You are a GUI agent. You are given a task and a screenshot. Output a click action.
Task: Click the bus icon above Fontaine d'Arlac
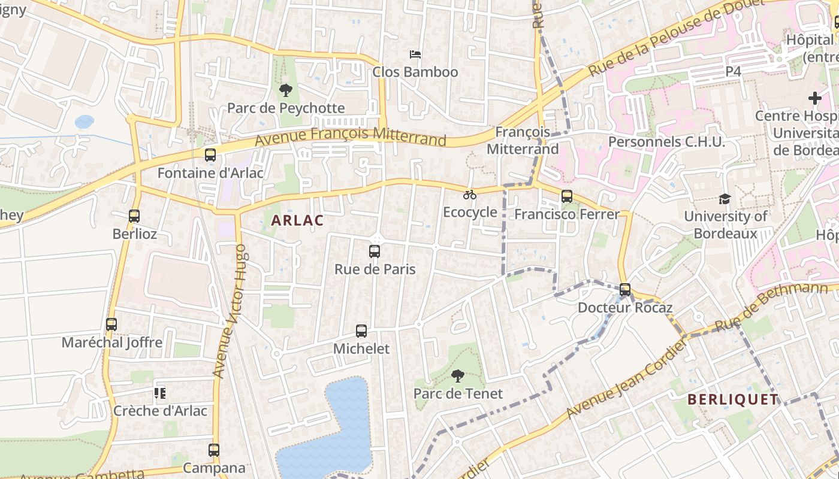[x=210, y=155]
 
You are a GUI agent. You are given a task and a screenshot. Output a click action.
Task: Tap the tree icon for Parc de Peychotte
[x=286, y=90]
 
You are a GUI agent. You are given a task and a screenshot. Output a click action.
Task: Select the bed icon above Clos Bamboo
[x=415, y=54]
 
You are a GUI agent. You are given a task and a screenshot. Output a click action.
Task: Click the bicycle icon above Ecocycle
[x=470, y=195]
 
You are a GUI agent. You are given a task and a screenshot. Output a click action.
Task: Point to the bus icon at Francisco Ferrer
[x=566, y=196]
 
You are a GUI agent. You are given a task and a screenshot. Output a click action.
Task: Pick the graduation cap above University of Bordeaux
[x=725, y=199]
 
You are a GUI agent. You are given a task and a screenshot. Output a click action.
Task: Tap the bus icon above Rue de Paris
[x=375, y=251]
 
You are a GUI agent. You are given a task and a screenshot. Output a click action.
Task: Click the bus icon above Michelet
[x=361, y=331]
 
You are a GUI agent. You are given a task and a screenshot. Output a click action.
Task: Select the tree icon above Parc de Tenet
[x=458, y=376]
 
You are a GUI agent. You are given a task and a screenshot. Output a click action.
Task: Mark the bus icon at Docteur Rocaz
[x=625, y=290]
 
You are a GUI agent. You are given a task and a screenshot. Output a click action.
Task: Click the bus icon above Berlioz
[x=134, y=216]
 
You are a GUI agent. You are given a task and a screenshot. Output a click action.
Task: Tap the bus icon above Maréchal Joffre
[x=111, y=325]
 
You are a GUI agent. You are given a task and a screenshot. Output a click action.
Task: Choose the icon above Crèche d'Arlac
[x=159, y=393]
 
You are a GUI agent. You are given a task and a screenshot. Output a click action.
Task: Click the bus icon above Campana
[x=214, y=450]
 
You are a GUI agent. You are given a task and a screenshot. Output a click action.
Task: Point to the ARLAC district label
[x=297, y=220]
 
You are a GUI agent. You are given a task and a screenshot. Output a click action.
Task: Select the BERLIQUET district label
[x=733, y=399]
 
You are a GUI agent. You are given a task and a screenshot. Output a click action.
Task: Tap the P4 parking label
[x=734, y=71]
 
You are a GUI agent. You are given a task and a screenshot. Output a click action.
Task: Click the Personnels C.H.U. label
[x=666, y=142]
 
